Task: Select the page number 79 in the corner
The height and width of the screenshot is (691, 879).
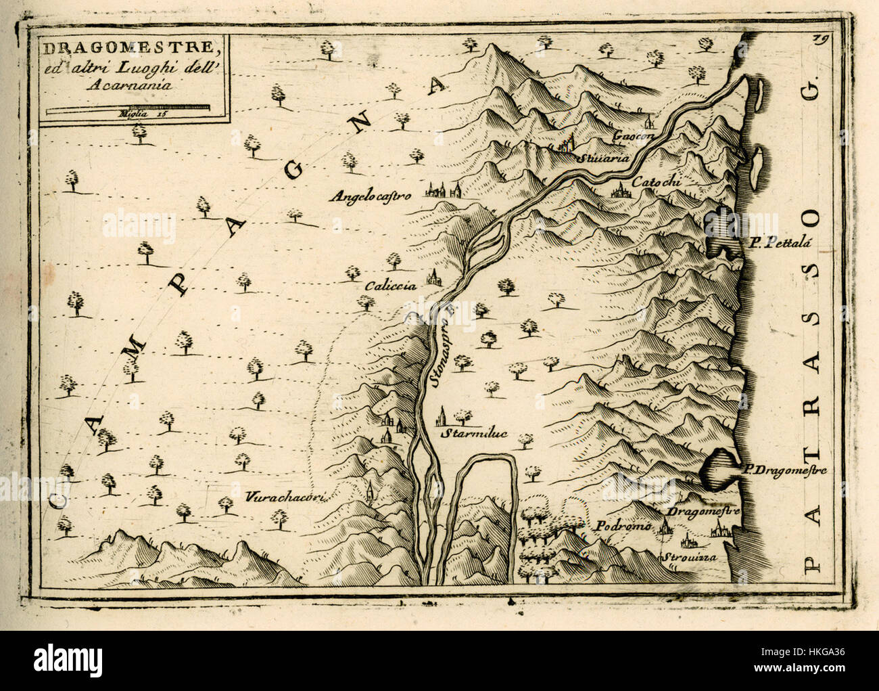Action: click(x=823, y=39)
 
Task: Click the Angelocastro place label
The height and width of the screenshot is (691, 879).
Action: click(x=371, y=197)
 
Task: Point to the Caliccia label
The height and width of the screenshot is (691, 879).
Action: click(x=389, y=286)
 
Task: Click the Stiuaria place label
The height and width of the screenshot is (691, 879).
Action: click(x=604, y=158)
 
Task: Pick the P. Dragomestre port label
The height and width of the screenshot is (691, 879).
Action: click(x=784, y=470)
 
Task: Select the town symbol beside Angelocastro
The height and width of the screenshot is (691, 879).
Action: click(x=443, y=190)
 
